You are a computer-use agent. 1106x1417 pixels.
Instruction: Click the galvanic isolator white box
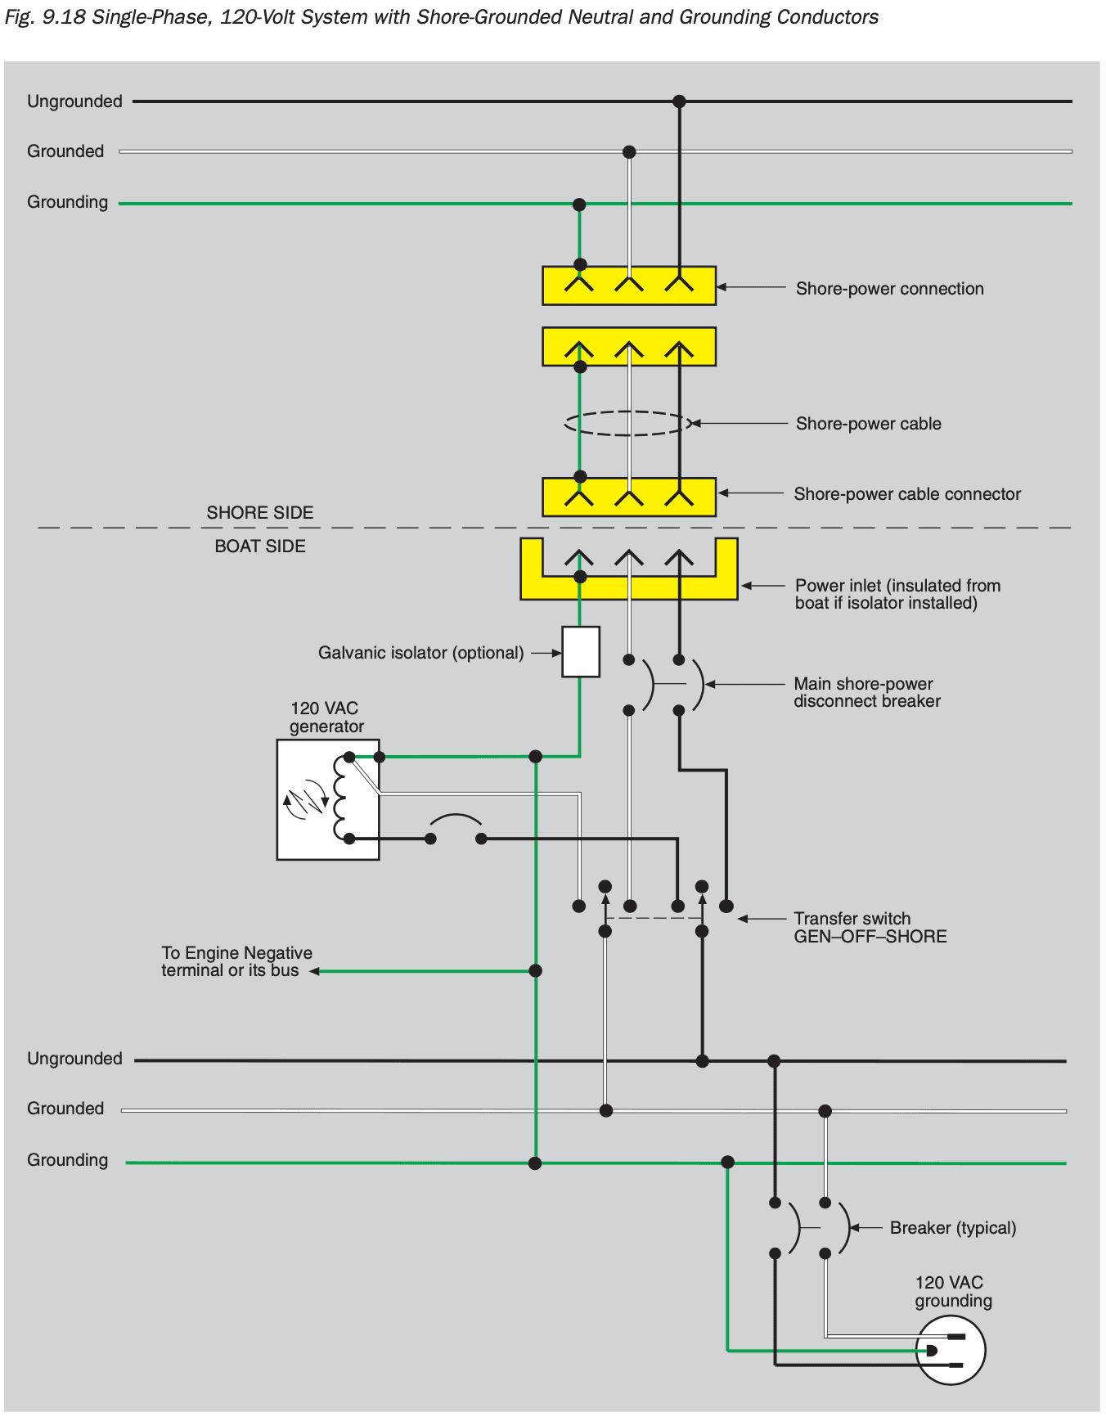click(x=581, y=651)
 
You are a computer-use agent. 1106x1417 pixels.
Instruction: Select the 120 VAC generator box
click(x=327, y=799)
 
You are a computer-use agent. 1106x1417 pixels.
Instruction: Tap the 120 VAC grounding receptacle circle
click(x=951, y=1350)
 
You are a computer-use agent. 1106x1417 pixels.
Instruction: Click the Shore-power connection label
click(x=889, y=289)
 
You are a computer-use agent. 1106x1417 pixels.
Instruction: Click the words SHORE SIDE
click(x=259, y=513)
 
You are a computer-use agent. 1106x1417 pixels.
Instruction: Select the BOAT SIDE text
click(x=259, y=547)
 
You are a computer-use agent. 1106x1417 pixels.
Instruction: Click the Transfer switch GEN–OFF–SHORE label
click(x=870, y=928)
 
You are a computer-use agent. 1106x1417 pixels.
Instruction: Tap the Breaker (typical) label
click(x=952, y=1228)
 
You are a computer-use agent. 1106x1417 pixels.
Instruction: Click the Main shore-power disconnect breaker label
click(x=866, y=692)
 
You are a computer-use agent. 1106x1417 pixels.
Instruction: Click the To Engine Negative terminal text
click(x=236, y=962)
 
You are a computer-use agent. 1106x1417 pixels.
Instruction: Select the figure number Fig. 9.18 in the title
click(x=45, y=17)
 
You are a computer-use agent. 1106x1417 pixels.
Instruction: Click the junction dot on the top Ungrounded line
click(x=679, y=101)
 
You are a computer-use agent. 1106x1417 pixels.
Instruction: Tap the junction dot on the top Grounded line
click(x=629, y=151)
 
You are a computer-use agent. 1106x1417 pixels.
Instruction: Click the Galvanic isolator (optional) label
click(x=420, y=653)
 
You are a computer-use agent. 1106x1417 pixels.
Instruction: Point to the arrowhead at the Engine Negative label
click(x=314, y=971)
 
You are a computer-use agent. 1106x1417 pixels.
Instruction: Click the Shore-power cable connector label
click(x=906, y=494)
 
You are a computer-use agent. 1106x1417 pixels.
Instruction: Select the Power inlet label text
click(x=897, y=595)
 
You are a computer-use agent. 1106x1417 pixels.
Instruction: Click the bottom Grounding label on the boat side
click(x=67, y=1160)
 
